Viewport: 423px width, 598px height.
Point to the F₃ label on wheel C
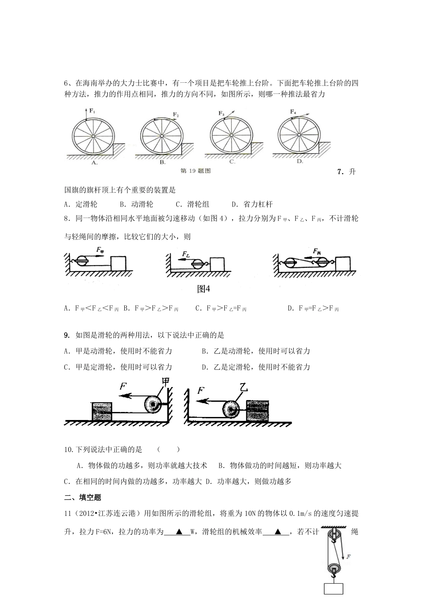pyautogui.click(x=221, y=113)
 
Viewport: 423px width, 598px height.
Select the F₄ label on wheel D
pyautogui.click(x=293, y=111)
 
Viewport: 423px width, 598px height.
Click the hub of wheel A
pyautogui.click(x=93, y=135)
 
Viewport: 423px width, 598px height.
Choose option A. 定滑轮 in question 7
pyautogui.click(x=81, y=204)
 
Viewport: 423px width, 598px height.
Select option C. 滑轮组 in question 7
pyautogui.click(x=192, y=204)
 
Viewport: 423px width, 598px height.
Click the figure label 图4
pyautogui.click(x=203, y=289)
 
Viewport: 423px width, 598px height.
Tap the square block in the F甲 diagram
pyautogui.click(x=118, y=263)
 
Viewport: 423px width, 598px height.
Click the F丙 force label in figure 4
pyautogui.click(x=317, y=251)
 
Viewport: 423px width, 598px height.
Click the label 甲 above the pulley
pyautogui.click(x=166, y=381)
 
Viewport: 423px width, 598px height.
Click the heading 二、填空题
pyautogui.click(x=83, y=497)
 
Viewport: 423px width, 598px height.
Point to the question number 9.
pyautogui.click(x=67, y=335)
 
